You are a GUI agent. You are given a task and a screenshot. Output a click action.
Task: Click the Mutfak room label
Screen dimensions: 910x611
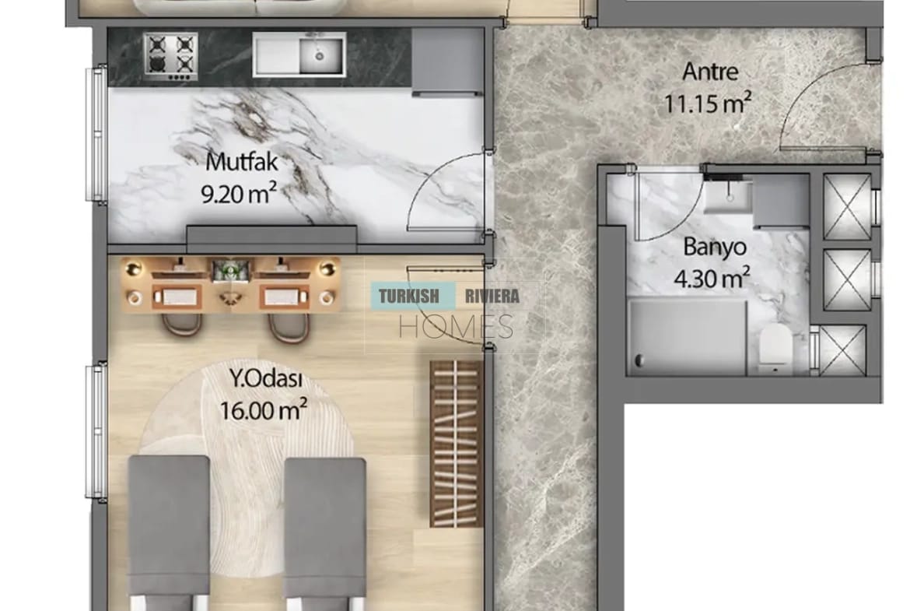click(x=242, y=161)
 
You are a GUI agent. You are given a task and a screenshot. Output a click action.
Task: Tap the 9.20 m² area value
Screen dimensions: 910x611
click(x=239, y=193)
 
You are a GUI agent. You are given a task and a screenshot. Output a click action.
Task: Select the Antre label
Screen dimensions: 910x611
click(x=710, y=72)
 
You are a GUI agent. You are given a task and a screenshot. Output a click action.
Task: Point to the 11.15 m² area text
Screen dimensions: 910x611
click(x=708, y=104)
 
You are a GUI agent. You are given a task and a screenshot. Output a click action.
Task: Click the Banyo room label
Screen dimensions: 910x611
click(x=715, y=247)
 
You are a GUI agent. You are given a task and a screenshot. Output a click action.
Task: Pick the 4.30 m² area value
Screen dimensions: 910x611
click(x=712, y=278)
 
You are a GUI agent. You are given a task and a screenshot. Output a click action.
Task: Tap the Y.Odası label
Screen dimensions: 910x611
click(x=266, y=379)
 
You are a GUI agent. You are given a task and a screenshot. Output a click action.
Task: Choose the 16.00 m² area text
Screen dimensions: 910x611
click(x=264, y=410)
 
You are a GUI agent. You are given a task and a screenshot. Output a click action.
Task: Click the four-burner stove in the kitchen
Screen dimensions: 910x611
click(x=170, y=56)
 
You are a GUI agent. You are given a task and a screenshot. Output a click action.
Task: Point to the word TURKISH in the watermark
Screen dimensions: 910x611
click(x=408, y=297)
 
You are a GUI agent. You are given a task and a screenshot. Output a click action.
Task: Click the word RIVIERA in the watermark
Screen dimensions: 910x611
click(x=492, y=297)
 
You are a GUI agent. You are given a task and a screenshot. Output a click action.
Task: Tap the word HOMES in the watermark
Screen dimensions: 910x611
click(x=456, y=326)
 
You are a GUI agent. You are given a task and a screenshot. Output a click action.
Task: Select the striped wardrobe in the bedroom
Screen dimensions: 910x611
click(x=456, y=444)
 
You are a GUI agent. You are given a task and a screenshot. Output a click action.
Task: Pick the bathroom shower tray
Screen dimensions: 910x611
click(x=687, y=337)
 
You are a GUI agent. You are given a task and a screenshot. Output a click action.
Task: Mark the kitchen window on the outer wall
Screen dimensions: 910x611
click(x=96, y=134)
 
